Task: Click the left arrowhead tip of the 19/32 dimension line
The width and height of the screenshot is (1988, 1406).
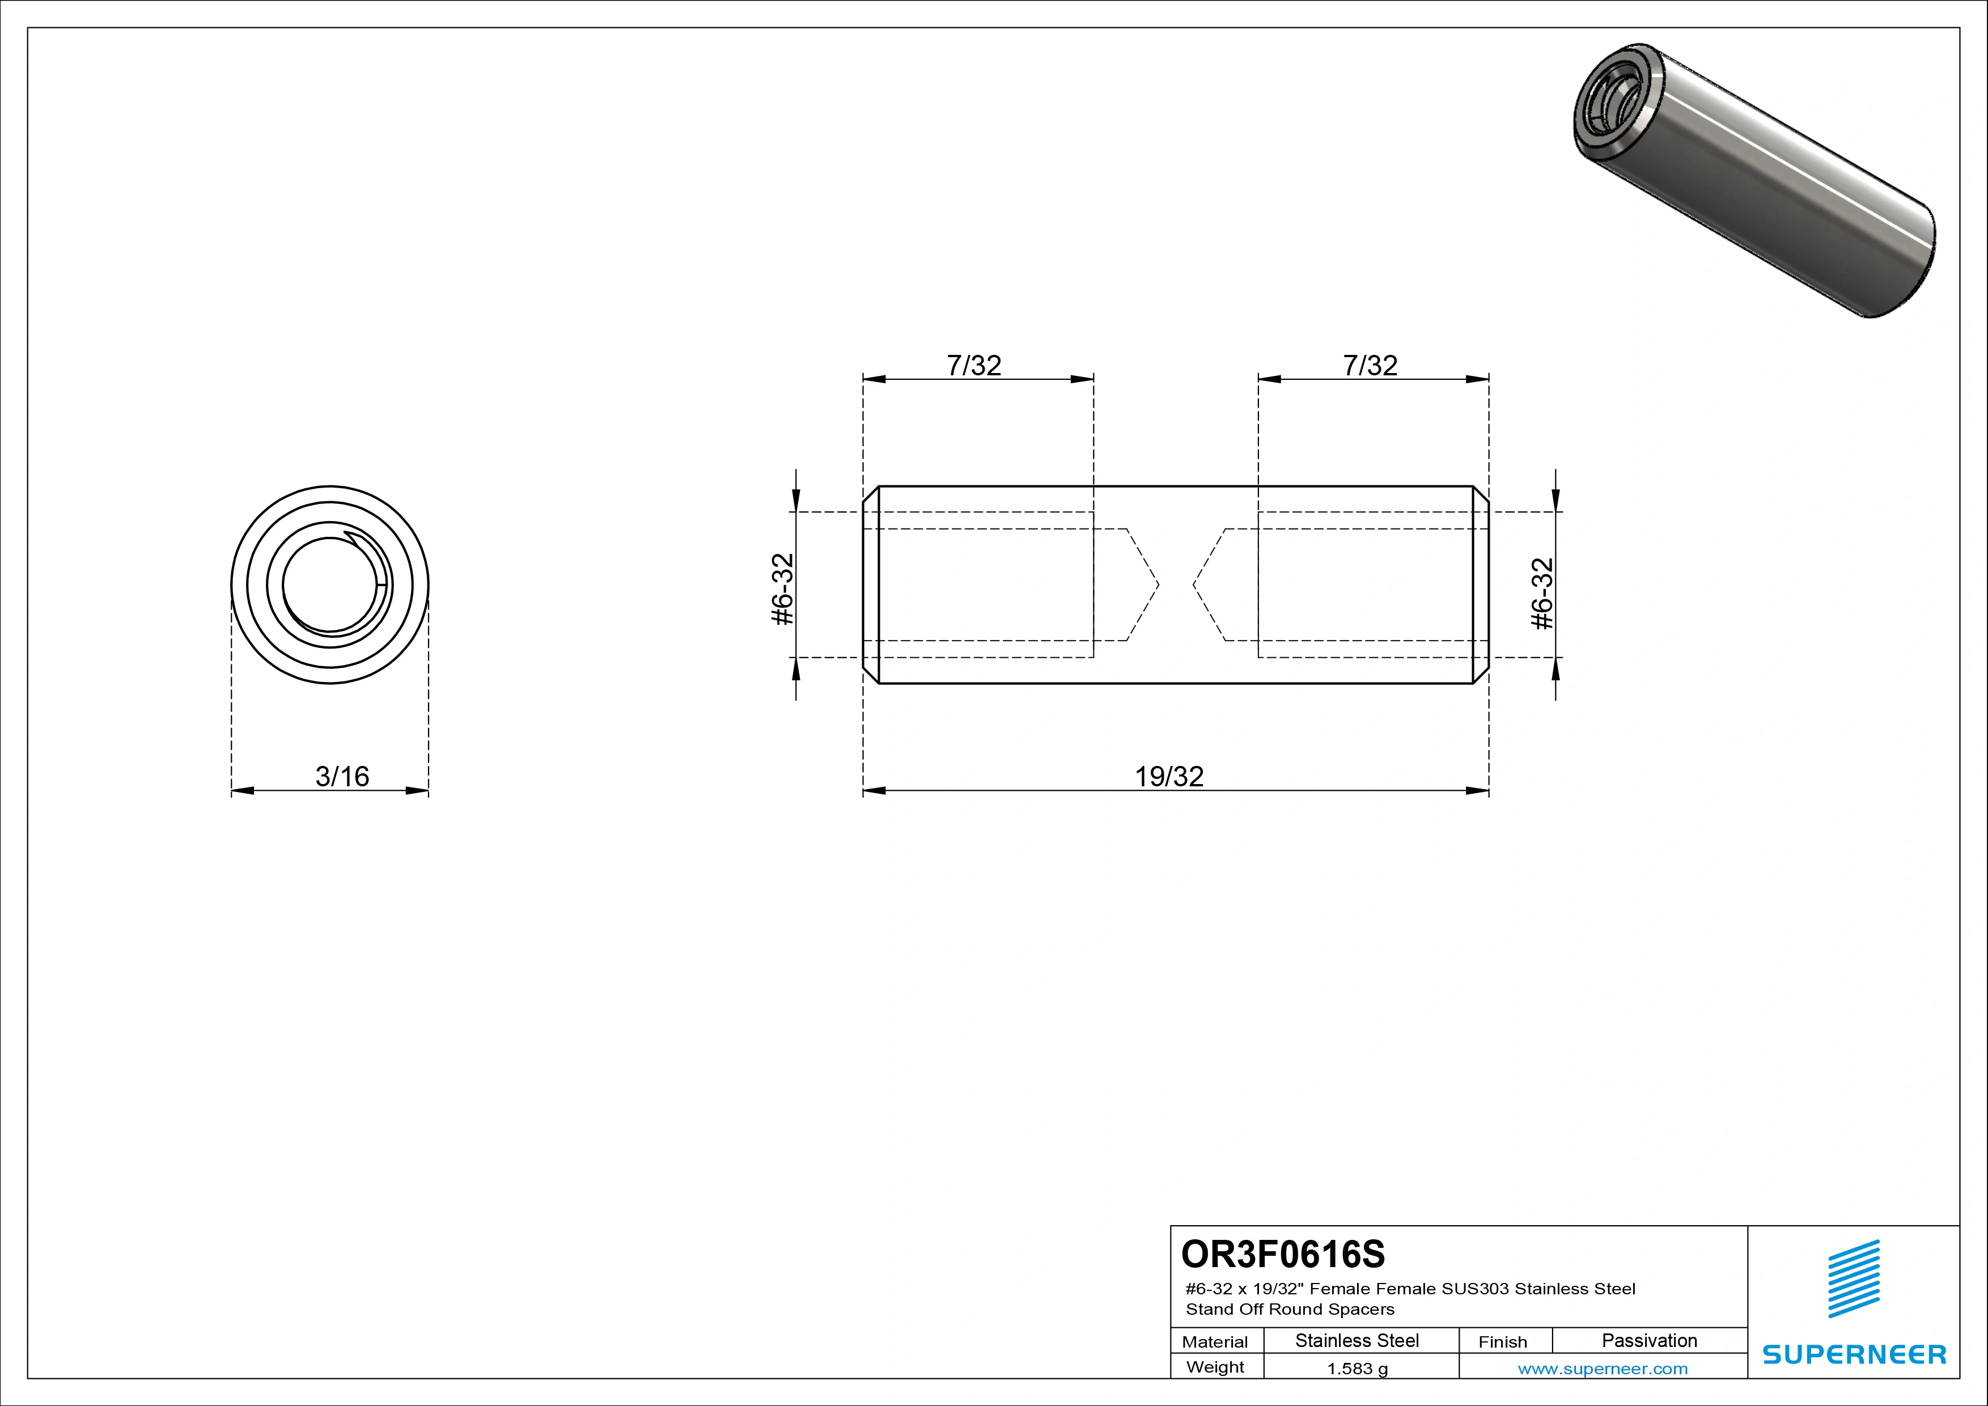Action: [x=863, y=790]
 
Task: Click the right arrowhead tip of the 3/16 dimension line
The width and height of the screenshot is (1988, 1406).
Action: [x=429, y=790]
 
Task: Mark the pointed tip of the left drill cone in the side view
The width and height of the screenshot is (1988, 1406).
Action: [x=1159, y=585]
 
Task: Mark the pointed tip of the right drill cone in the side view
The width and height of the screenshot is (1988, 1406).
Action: [x=1193, y=585]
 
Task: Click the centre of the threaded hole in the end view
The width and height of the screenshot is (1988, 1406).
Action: [x=330, y=585]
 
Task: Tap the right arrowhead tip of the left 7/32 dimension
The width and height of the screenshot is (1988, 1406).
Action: [x=1093, y=378]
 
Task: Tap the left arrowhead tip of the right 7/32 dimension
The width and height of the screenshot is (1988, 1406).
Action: [x=1258, y=378]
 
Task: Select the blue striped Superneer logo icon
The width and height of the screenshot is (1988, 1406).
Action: [x=1854, y=1280]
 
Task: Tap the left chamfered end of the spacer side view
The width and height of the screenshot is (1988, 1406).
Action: [x=871, y=585]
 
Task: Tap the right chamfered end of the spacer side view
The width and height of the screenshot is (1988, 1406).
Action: [x=1481, y=585]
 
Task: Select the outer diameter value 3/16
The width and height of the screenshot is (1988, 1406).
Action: [x=342, y=777]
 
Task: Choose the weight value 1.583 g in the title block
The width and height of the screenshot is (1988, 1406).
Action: [x=1358, y=1369]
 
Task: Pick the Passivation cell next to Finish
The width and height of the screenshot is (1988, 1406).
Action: [x=1650, y=1341]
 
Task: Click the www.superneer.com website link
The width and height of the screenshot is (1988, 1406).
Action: [x=1603, y=1369]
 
